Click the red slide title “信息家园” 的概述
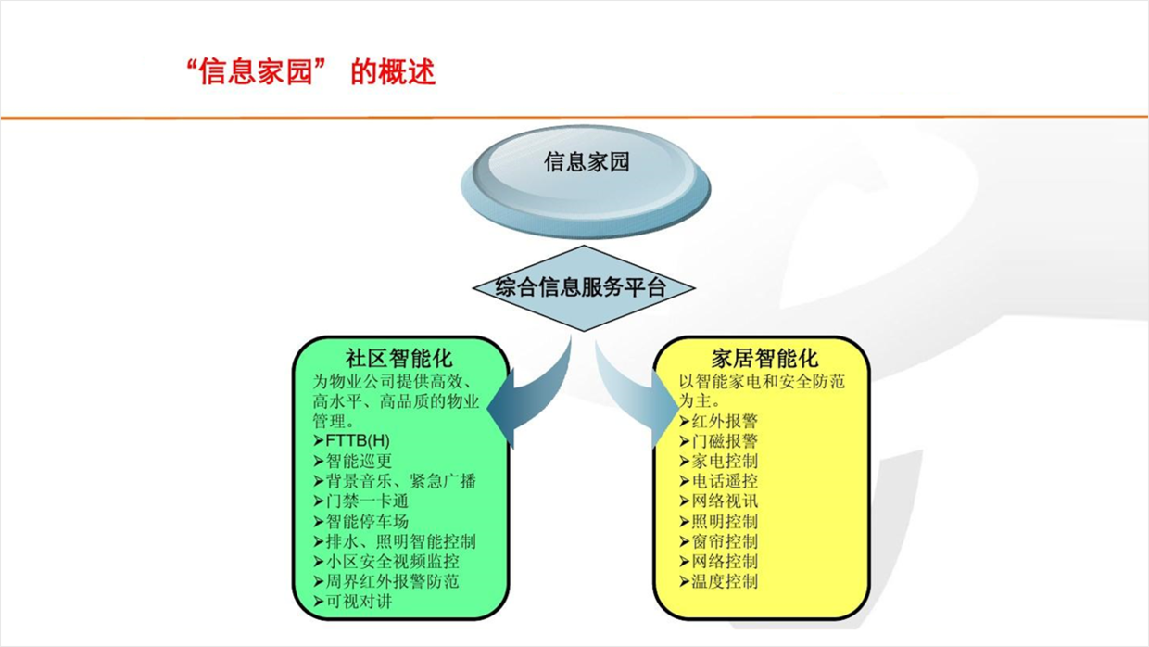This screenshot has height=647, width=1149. click(310, 71)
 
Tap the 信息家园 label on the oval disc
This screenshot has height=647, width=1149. click(587, 162)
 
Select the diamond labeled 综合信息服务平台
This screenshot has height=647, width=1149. click(583, 288)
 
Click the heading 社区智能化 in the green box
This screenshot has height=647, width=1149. click(398, 358)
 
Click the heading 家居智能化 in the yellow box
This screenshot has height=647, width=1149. click(764, 358)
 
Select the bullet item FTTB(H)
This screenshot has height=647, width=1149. click(352, 440)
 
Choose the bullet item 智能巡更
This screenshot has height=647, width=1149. click(353, 461)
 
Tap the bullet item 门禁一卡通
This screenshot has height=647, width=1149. click(361, 501)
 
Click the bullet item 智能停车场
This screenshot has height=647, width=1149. click(361, 521)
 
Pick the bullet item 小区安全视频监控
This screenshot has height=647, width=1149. click(386, 562)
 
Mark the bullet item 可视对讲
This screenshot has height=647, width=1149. click(353, 602)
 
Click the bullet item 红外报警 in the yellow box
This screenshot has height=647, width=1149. click(719, 421)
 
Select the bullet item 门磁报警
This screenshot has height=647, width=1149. click(719, 440)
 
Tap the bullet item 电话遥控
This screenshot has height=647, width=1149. click(719, 481)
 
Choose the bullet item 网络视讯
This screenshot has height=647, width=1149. click(719, 501)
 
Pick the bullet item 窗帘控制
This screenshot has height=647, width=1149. click(719, 541)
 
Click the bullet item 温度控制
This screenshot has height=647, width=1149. click(719, 581)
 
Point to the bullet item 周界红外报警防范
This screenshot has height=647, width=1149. click(386, 581)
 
